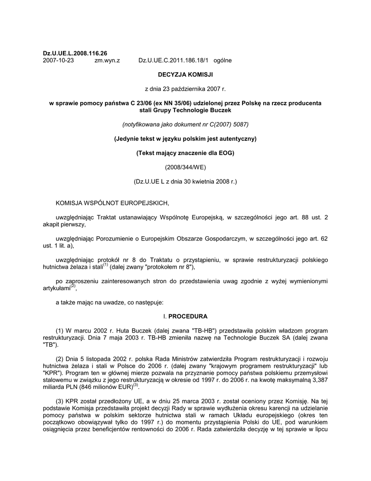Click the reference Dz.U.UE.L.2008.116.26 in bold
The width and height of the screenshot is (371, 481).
[x=75, y=54]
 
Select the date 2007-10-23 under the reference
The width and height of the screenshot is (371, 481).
[x=58, y=61]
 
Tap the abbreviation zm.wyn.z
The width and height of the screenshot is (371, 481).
[x=107, y=61]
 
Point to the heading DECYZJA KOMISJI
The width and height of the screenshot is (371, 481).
[x=185, y=75]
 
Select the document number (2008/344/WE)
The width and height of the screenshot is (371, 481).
[x=185, y=167]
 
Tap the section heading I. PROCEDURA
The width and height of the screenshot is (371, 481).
[x=185, y=316]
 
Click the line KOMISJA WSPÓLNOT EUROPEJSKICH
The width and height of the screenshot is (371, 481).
[x=111, y=203]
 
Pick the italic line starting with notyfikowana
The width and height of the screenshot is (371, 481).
[x=185, y=124]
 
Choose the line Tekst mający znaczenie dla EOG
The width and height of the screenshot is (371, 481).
[x=185, y=153]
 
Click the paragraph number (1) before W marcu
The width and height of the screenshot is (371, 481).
[x=60, y=331]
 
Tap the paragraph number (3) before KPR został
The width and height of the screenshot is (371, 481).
[x=60, y=401]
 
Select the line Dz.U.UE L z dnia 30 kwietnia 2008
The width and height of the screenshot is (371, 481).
[x=185, y=181]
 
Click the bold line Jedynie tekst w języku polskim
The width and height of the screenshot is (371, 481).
[x=185, y=139]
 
